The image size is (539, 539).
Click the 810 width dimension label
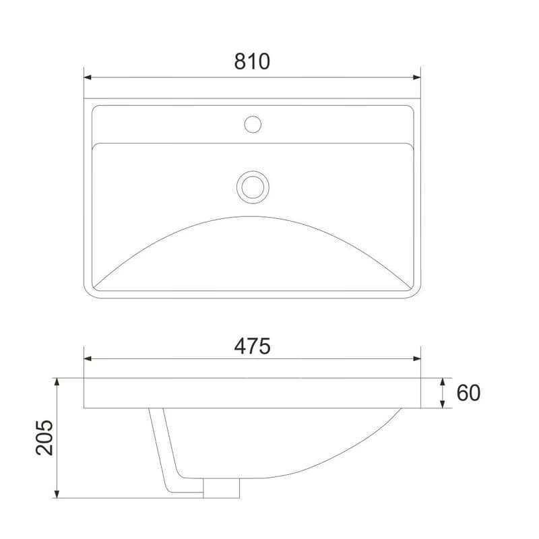[x=252, y=62]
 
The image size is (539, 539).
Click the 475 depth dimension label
[x=252, y=346]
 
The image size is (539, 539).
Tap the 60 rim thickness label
[x=468, y=393]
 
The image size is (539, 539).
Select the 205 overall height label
[x=44, y=437]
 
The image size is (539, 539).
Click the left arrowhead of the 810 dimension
[x=88, y=77]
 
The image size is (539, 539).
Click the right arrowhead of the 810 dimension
[x=416, y=77]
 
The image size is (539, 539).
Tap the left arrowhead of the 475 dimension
[x=88, y=359]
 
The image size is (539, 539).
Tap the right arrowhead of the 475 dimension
[x=416, y=359]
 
